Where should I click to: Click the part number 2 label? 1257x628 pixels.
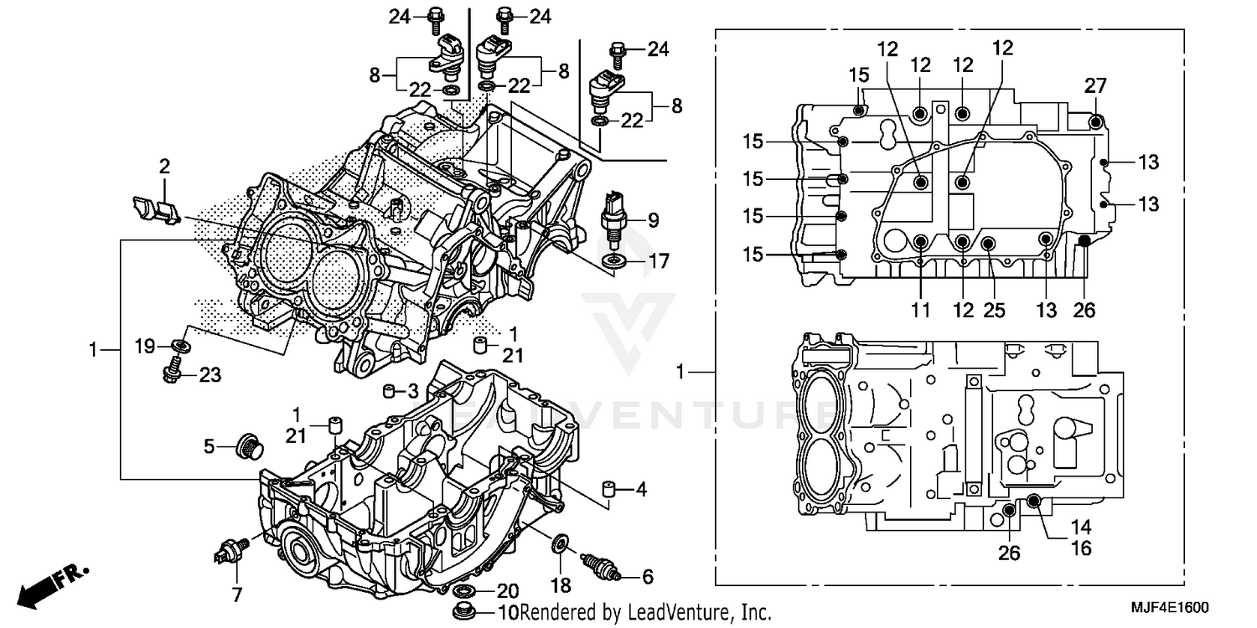164,166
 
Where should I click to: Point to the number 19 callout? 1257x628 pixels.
146,344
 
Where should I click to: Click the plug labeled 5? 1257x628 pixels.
247,446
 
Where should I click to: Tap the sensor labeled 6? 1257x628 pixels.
602,567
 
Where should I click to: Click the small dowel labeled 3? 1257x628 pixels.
389,391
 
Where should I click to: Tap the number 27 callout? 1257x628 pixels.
1096,85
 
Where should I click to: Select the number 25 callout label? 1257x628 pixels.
994,311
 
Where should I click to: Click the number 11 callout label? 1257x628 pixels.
921,311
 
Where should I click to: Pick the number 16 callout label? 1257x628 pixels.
1081,548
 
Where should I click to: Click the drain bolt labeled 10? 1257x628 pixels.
461,610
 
